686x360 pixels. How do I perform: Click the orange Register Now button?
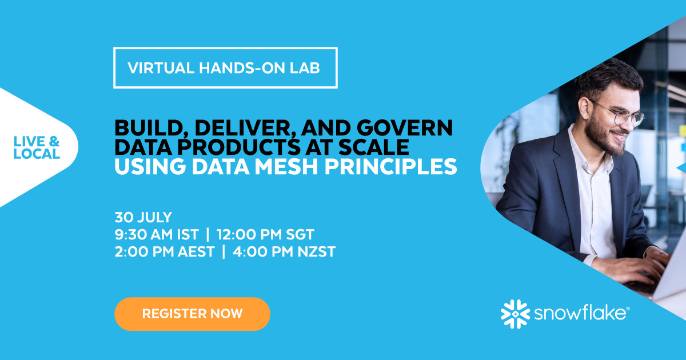(192, 314)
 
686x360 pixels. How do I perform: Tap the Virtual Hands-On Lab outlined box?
(225, 67)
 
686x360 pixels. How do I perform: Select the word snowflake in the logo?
(580, 314)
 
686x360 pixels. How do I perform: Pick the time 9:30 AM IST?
(157, 234)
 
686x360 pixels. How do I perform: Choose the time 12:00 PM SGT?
(265, 234)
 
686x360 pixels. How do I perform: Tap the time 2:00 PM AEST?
(165, 251)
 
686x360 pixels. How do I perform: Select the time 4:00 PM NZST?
(284, 251)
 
